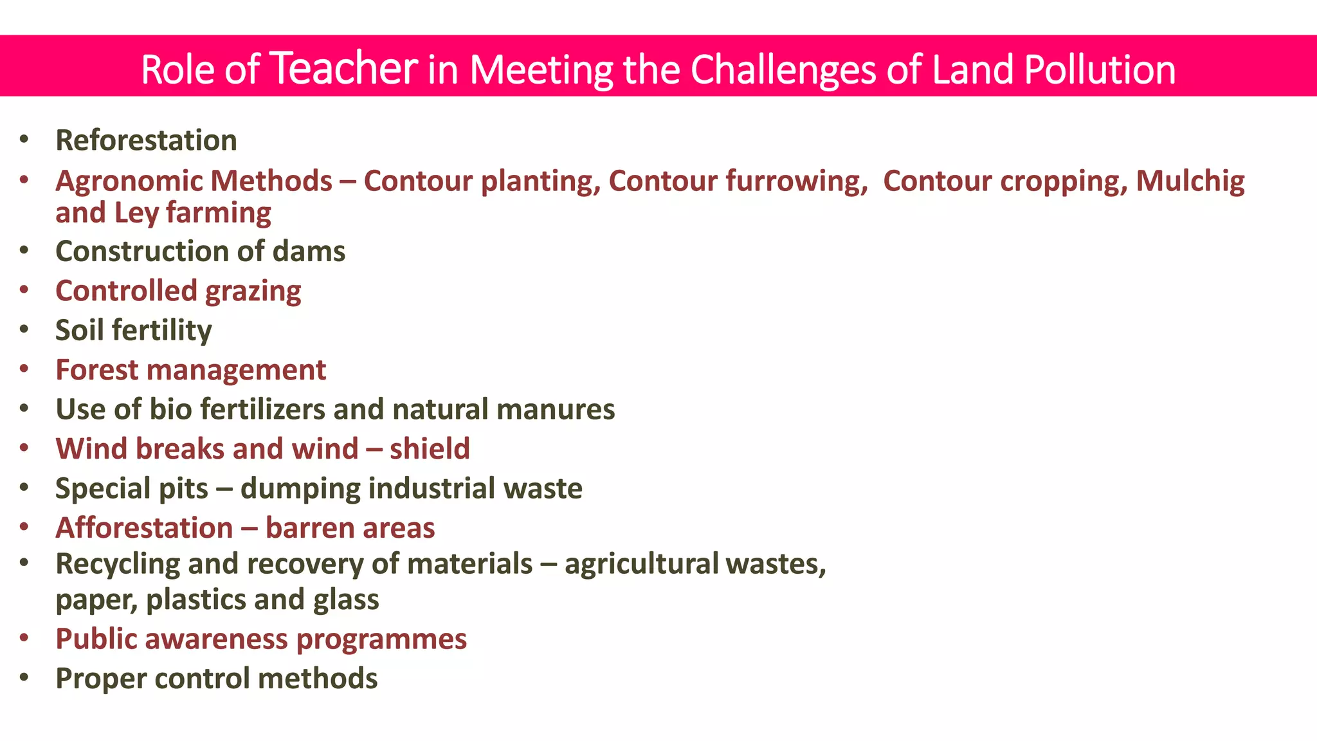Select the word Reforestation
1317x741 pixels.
coord(146,140)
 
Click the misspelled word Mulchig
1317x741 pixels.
coord(1190,181)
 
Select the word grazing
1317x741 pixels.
coord(253,291)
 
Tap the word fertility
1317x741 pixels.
coord(161,331)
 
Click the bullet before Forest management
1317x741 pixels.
coord(24,369)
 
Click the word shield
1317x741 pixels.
coord(430,449)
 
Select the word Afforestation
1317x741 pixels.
coord(144,528)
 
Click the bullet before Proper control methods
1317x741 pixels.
coord(24,678)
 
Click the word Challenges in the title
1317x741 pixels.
coord(783,69)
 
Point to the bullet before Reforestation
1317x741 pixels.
coord(24,140)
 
